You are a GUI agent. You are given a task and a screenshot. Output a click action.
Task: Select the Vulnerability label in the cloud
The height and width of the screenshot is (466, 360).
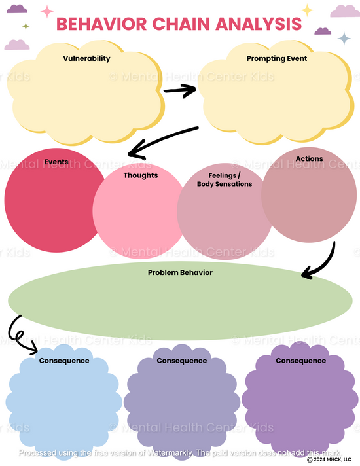click(x=86, y=58)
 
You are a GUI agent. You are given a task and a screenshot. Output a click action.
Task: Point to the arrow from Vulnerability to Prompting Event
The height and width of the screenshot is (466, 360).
click(x=180, y=90)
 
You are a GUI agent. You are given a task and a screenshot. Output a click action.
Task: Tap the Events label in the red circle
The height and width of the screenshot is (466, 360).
click(x=56, y=162)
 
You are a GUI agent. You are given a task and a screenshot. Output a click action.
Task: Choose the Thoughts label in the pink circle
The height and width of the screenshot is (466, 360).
click(x=141, y=175)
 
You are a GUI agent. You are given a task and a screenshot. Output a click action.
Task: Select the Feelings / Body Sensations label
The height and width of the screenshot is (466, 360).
click(x=225, y=180)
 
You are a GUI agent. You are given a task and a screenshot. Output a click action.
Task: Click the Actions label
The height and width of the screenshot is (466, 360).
click(x=309, y=159)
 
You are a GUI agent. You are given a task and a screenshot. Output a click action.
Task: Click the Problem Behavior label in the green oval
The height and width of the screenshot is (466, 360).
click(x=180, y=272)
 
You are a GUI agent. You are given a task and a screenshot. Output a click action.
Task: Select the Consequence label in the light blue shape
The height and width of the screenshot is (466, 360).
click(x=64, y=361)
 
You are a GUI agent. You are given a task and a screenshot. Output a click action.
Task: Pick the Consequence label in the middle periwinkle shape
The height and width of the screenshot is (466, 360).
click(x=181, y=361)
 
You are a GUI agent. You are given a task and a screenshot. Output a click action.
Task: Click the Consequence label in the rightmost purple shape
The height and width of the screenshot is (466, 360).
click(x=300, y=361)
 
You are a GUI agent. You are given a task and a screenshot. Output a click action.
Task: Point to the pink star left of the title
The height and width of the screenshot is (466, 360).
click(x=47, y=11)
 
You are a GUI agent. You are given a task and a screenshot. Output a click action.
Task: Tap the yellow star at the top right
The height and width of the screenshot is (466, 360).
click(x=307, y=10)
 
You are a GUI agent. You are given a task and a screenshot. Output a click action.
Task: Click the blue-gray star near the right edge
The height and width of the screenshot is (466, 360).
click(x=344, y=38)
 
